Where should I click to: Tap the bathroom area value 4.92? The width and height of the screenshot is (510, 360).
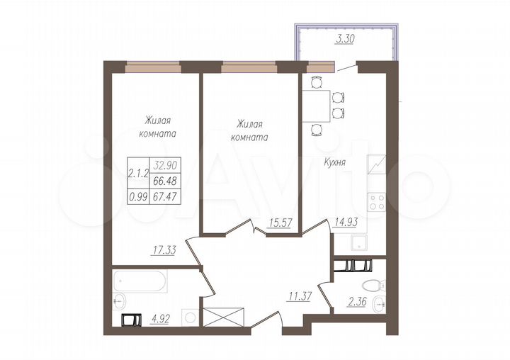coord(161,320)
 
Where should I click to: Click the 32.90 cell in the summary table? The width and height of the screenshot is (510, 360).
coord(164,163)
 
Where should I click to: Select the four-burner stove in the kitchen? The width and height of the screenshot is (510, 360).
coord(376,202)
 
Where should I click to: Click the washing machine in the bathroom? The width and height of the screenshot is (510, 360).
coord(189,317)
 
